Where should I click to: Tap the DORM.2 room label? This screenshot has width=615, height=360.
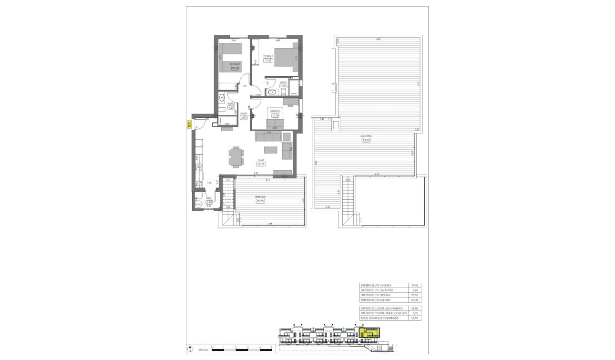tap(234, 64)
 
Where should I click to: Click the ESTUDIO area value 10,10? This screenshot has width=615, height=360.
tap(275, 115)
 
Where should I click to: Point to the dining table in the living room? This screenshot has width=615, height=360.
tap(236, 157)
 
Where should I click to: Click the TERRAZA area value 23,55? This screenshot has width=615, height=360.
tap(259, 201)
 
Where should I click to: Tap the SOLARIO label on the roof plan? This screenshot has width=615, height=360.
tap(366, 136)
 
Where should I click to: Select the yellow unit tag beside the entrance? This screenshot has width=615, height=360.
tap(189, 125)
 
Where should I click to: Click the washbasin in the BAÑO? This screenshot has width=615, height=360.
tap(222, 98)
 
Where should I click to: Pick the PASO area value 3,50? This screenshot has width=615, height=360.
tap(244, 117)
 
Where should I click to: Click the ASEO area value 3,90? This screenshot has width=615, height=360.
tap(283, 86)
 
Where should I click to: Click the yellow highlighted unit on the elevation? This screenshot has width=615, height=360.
tap(369, 332)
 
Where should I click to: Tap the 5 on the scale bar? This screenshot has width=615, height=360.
tap(271, 348)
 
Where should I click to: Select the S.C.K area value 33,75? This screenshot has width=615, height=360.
tap(261, 164)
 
